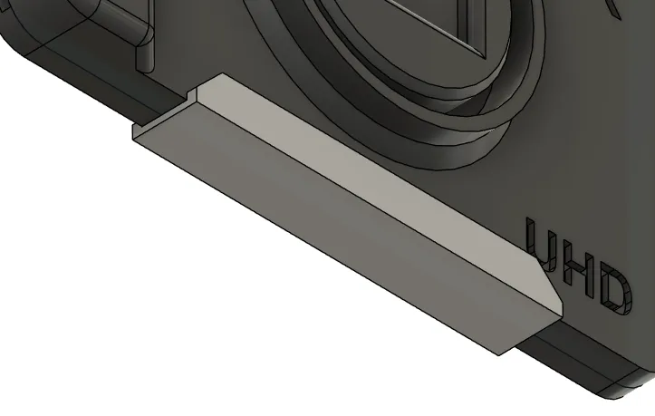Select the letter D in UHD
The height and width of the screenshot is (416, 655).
[x=615, y=293]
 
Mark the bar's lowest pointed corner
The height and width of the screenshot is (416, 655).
[x=498, y=355]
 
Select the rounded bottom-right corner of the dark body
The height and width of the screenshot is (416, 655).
[x=622, y=387]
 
